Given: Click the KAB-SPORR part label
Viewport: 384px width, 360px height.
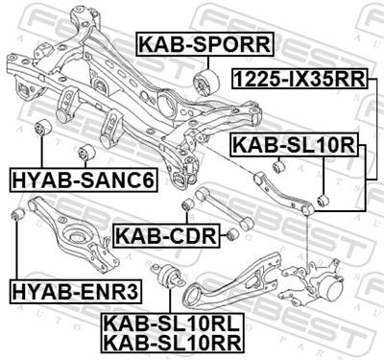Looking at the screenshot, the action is point(204,43).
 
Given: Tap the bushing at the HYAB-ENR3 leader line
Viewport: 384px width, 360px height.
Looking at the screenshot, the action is point(17,212).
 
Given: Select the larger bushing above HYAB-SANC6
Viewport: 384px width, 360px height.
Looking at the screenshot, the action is point(43,128).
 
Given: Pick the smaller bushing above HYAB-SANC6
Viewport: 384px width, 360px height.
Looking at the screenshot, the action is point(85,152).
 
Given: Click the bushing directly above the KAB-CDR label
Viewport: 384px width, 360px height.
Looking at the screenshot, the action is point(186,204).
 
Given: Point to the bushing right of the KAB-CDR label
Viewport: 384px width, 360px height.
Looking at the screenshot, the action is point(232,234).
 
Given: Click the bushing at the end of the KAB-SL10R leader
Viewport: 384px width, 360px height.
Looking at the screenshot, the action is point(324,200).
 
